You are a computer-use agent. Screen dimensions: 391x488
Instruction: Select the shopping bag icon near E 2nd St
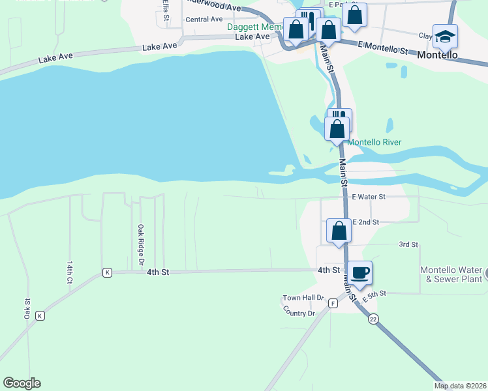pyautogui.click(x=339, y=231)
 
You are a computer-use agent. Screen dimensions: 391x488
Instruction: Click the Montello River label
pyautogui.click(x=374, y=142)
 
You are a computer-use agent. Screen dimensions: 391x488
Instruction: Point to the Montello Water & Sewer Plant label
pyautogui.click(x=451, y=274)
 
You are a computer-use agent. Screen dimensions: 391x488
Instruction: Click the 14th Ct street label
pyautogui.click(x=69, y=272)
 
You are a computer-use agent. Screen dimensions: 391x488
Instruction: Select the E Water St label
pyautogui.click(x=369, y=196)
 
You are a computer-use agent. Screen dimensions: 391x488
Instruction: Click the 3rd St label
pyautogui.click(x=408, y=244)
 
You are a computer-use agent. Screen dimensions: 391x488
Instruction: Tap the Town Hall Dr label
pyautogui.click(x=303, y=298)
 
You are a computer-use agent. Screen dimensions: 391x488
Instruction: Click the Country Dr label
pyautogui.click(x=299, y=313)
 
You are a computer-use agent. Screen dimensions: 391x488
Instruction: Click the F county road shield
pyautogui.click(x=333, y=303)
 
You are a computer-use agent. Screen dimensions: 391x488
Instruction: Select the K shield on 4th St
pyautogui.click(x=107, y=272)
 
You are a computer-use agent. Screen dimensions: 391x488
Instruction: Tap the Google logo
pyautogui.click(x=22, y=383)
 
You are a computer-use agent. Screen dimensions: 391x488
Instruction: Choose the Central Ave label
pyautogui.click(x=204, y=20)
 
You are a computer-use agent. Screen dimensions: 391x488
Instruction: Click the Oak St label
pyautogui.click(x=27, y=308)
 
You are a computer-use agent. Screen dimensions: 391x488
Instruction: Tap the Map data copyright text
pyautogui.click(x=460, y=386)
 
